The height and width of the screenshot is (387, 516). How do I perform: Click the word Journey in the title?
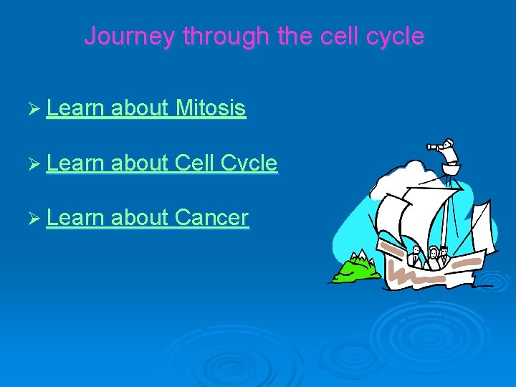pos(130,36)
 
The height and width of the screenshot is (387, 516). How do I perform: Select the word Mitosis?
pos(210,108)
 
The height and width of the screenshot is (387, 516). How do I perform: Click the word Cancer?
pos(211,217)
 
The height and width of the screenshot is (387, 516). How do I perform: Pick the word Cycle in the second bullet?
pos(249,163)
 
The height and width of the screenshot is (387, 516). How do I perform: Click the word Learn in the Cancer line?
pos(76,217)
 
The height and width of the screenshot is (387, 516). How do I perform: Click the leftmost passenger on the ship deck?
pos(416,254)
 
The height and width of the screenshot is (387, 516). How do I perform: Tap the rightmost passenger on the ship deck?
pos(444,254)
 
